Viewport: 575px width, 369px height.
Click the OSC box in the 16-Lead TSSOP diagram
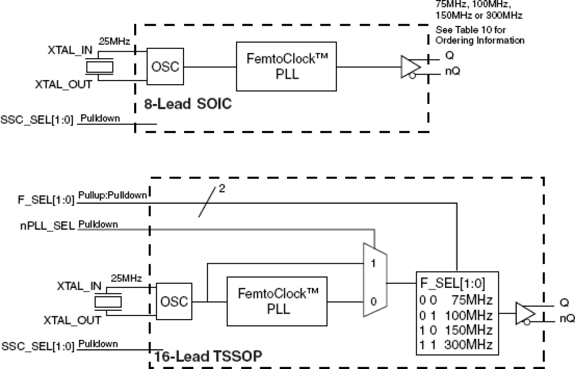(x=174, y=302)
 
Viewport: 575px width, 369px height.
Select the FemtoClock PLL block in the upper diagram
(x=286, y=67)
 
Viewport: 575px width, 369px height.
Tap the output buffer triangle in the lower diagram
(x=525, y=314)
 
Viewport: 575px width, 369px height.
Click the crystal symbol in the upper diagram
(x=99, y=67)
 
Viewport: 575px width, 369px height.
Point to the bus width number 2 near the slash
(x=222, y=189)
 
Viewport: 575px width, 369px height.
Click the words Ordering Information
(x=479, y=40)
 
